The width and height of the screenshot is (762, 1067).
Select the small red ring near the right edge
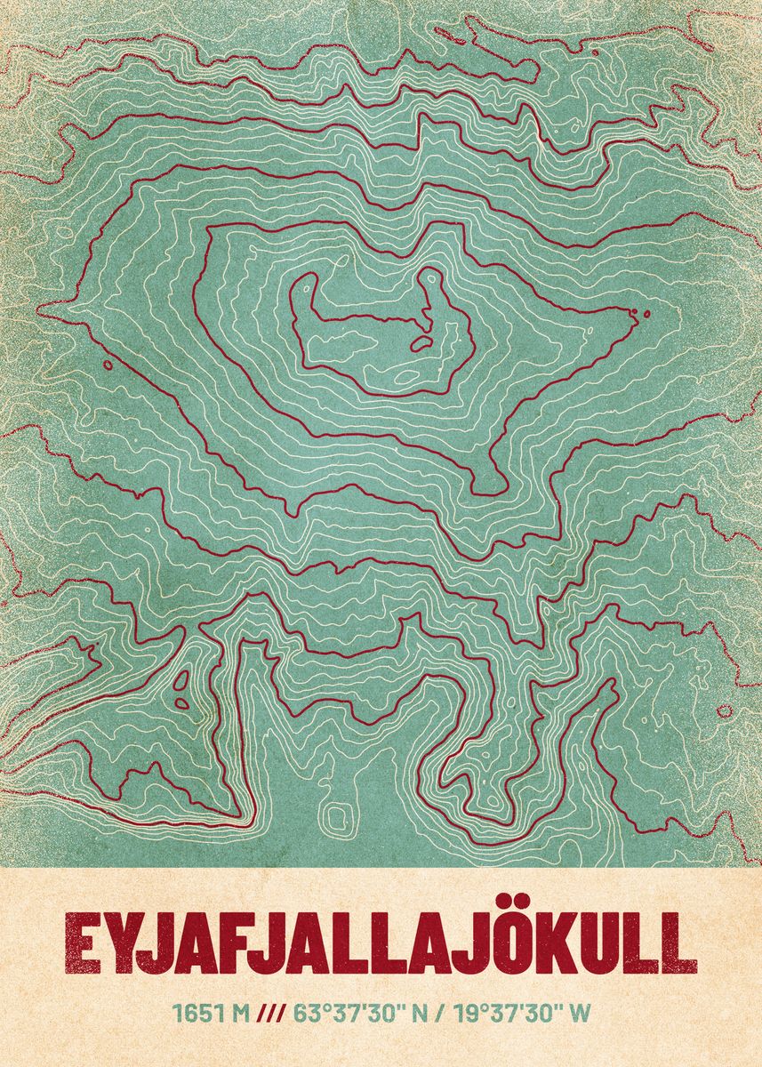click(x=724, y=711)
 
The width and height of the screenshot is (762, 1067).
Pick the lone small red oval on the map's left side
click(x=108, y=365)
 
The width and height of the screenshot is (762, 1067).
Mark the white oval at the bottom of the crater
click(x=406, y=377)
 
